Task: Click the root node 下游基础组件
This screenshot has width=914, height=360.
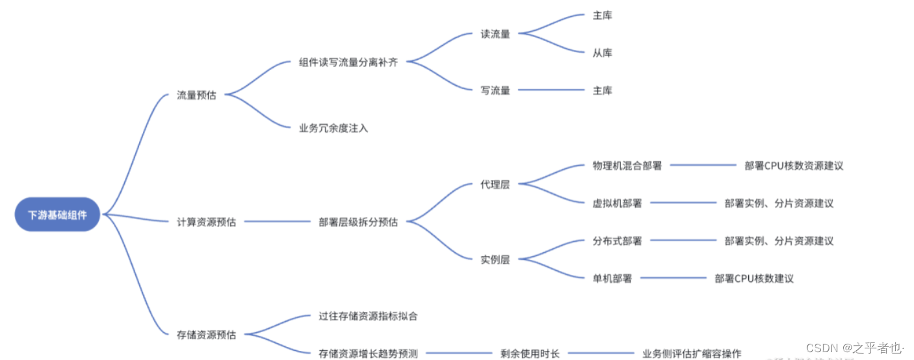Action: click(57, 214)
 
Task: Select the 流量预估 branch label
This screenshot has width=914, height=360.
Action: click(196, 95)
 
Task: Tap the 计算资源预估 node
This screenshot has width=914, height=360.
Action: click(206, 222)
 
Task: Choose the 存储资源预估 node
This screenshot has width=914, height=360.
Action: click(206, 335)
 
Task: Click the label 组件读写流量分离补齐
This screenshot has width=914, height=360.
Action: click(348, 62)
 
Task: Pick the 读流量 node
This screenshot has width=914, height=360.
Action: click(495, 34)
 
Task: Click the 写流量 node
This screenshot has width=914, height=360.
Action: click(495, 90)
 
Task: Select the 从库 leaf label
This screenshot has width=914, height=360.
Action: click(602, 53)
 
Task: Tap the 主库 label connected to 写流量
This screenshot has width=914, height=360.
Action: click(602, 90)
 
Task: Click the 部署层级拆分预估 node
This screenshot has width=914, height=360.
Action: click(358, 222)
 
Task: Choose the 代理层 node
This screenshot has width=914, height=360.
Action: click(495, 184)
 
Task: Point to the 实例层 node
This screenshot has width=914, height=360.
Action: click(495, 259)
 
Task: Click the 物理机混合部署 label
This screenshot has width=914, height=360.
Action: click(627, 165)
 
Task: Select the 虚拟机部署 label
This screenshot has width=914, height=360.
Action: click(617, 203)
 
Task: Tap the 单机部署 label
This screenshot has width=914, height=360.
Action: click(612, 278)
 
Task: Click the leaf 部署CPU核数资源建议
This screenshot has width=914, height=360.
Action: click(794, 165)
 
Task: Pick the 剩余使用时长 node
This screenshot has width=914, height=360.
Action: click(530, 354)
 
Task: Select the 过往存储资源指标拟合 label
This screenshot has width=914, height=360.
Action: click(368, 316)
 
